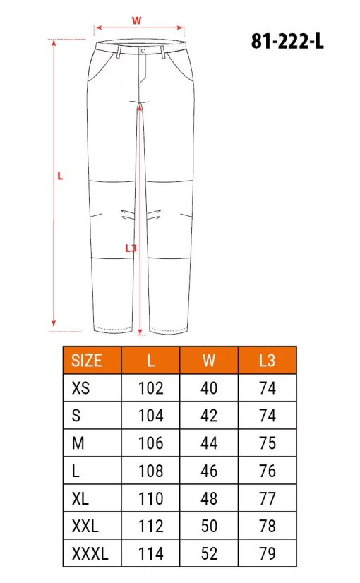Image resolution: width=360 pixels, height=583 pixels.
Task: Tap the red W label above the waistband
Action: tap(136, 20)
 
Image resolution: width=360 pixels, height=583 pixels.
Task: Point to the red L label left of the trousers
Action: tap(60, 177)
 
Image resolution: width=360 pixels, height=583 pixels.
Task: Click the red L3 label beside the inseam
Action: tap(130, 248)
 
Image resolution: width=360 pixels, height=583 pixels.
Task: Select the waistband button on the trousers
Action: tap(143, 51)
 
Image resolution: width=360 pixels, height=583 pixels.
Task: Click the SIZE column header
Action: tap(87, 361)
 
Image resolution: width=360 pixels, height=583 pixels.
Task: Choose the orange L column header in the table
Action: tap(150, 361)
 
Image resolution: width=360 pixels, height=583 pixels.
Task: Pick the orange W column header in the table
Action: tap(209, 361)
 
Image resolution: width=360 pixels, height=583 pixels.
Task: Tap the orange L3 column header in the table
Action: tap(267, 361)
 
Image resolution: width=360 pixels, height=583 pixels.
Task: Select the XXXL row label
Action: tap(90, 554)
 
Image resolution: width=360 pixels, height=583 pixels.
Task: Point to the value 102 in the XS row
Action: tap(150, 387)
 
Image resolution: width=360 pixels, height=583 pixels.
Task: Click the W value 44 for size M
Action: tap(209, 443)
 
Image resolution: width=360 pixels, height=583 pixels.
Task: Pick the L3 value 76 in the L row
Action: tap(267, 471)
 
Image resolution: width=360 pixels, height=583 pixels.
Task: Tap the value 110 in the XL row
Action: tap(150, 498)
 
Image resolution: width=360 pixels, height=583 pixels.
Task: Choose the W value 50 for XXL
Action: tap(209, 527)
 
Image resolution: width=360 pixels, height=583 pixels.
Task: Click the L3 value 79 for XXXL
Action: tap(267, 554)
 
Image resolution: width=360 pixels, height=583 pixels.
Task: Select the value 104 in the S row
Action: tap(150, 416)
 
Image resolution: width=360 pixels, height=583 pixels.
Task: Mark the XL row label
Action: tap(80, 498)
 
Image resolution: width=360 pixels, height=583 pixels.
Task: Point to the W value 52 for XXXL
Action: tap(209, 554)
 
